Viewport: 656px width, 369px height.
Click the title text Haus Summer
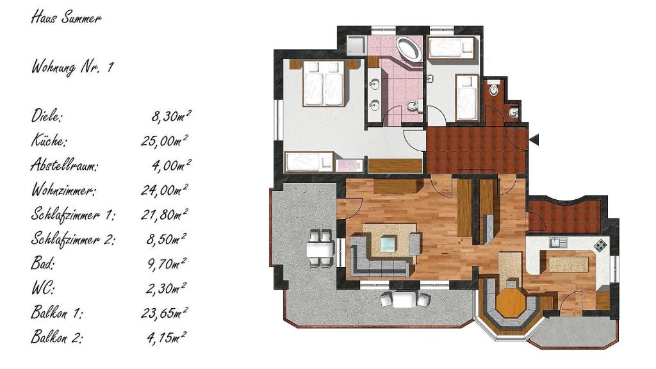66,19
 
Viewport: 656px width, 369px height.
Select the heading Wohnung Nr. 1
72,67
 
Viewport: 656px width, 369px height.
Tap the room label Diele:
46,116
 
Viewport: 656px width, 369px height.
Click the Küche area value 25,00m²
164,141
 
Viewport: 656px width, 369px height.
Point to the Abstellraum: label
65,165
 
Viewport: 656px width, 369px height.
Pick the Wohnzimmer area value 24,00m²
164,190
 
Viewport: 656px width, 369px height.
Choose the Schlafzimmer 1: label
73,215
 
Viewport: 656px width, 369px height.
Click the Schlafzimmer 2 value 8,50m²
166,240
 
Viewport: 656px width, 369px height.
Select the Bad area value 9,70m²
167,264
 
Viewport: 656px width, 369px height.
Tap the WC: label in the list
43,288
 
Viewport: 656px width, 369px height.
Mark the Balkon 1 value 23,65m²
164,313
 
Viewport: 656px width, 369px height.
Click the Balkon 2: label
56,338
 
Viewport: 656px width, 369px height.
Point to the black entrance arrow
534,139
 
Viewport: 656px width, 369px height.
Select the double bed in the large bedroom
324,83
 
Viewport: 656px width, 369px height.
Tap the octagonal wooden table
510,303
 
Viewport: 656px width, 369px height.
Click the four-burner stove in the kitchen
600,245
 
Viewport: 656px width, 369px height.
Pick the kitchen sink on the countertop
558,242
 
